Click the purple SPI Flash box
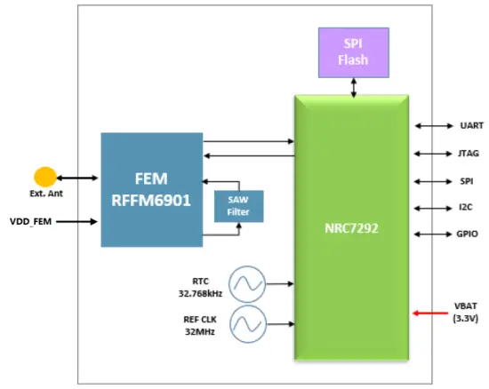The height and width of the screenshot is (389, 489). point(354,52)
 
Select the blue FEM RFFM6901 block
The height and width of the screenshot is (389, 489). point(152,189)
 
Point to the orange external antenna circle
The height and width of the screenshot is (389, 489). point(44,177)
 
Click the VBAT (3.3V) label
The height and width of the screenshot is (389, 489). point(465,311)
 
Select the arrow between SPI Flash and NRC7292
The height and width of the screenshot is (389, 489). point(354,86)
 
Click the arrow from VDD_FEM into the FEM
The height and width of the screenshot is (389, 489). point(78,221)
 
